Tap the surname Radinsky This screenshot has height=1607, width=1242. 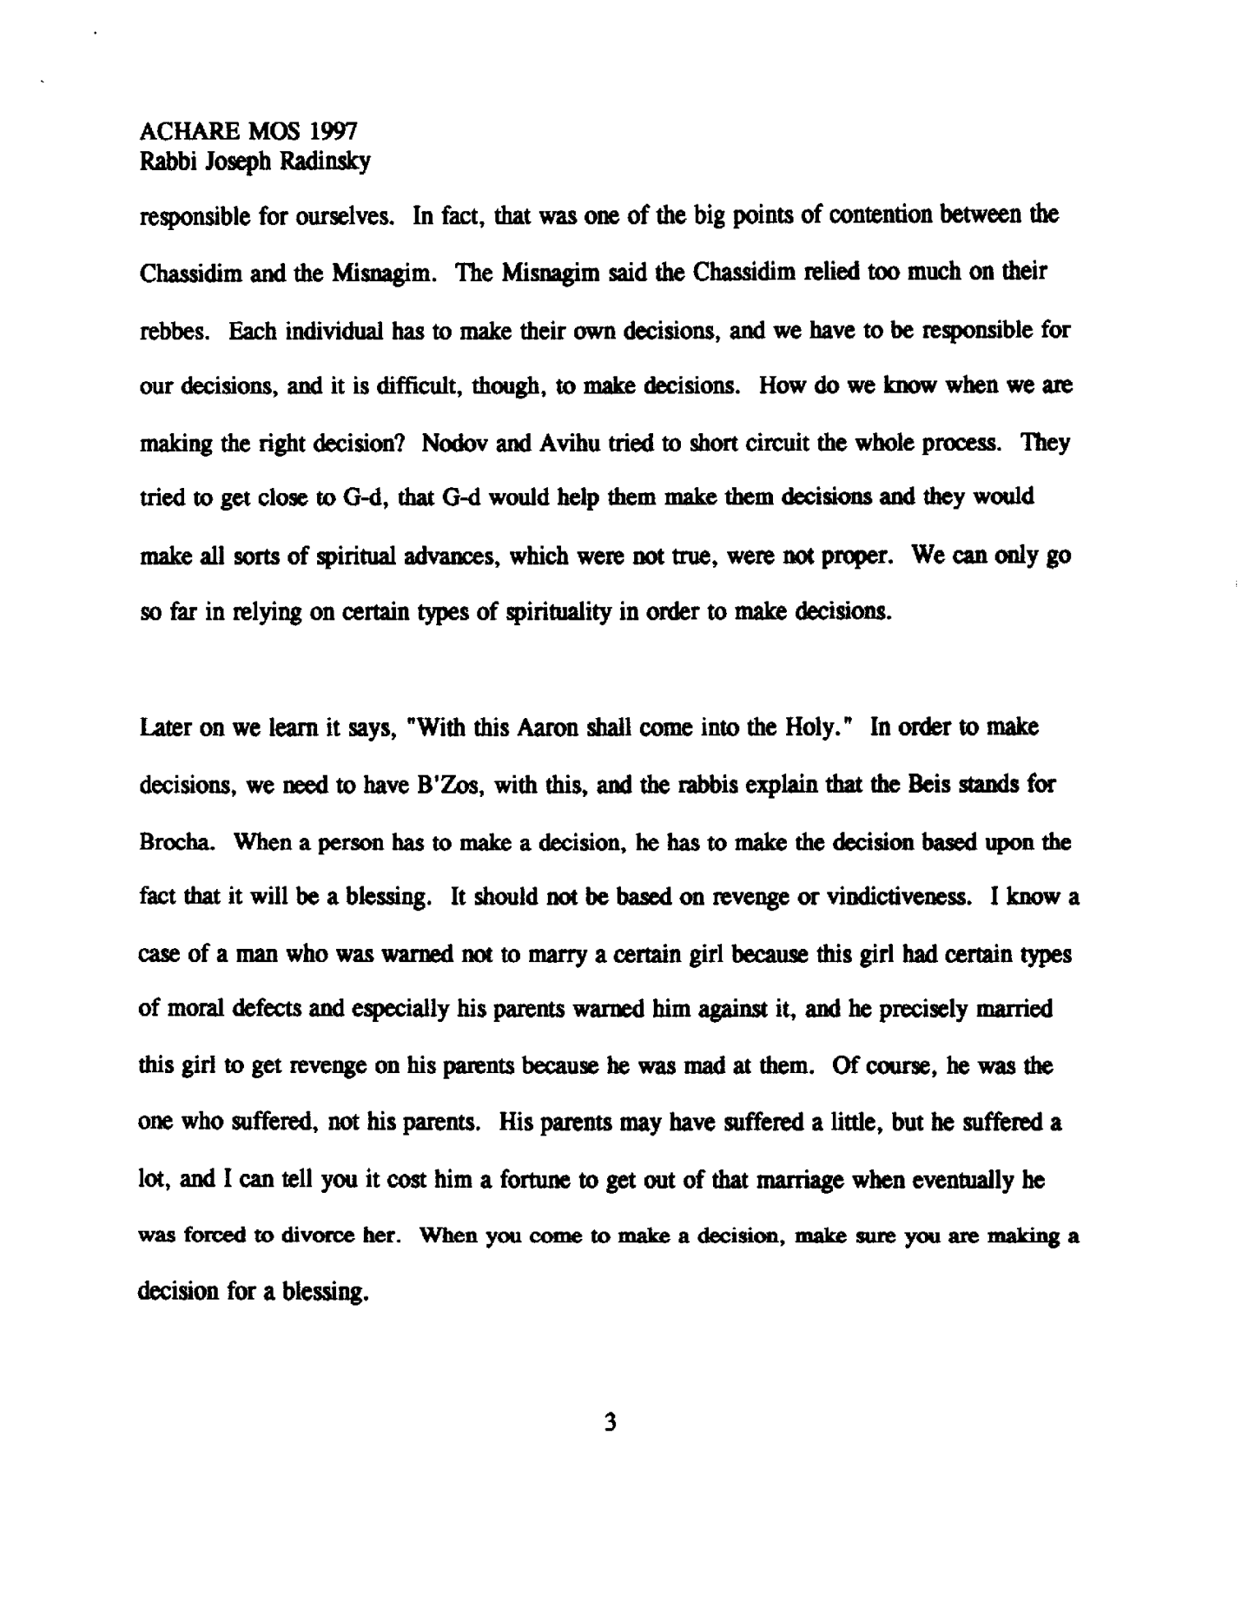point(325,161)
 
